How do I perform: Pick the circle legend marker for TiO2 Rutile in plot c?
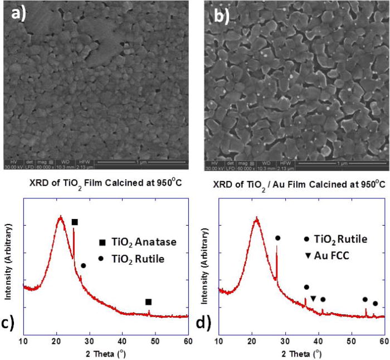click(103, 258)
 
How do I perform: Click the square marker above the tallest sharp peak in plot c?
click(75, 222)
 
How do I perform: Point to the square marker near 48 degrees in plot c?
click(148, 301)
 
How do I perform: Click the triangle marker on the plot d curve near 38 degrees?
click(313, 299)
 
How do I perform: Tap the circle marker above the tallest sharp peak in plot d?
click(277, 238)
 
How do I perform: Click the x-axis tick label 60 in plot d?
click(384, 340)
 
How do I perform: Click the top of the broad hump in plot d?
click(256, 218)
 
